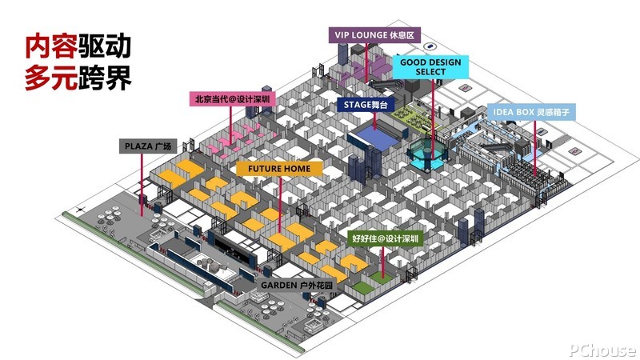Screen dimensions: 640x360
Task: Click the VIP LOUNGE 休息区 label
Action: pyautogui.click(x=374, y=35)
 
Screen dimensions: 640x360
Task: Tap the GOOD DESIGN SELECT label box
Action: pyautogui.click(x=430, y=67)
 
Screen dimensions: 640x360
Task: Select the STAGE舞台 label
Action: pyautogui.click(x=366, y=105)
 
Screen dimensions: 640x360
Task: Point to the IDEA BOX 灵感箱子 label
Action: pyautogui.click(x=531, y=112)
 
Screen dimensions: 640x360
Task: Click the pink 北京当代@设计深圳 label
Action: pyautogui.click(x=232, y=99)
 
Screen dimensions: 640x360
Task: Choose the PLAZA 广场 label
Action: pyautogui.click(x=148, y=146)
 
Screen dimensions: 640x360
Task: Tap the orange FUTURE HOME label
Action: pyautogui.click(x=279, y=169)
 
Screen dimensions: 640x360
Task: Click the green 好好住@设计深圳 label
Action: pyautogui.click(x=385, y=238)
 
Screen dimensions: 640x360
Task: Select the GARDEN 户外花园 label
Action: pyautogui.click(x=297, y=285)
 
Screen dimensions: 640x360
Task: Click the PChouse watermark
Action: pyautogui.click(x=602, y=350)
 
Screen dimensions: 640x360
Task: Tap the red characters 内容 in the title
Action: pyautogui.click(x=51, y=46)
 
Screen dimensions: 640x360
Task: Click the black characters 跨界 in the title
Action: pyautogui.click(x=105, y=77)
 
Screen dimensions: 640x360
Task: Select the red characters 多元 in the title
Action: pyautogui.click(x=51, y=77)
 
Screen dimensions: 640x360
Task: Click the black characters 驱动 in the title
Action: pyautogui.click(x=105, y=46)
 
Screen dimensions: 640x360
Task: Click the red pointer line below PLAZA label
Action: pyautogui.click(x=142, y=185)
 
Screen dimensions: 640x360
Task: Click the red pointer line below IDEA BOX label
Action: pyautogui.click(x=534, y=148)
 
